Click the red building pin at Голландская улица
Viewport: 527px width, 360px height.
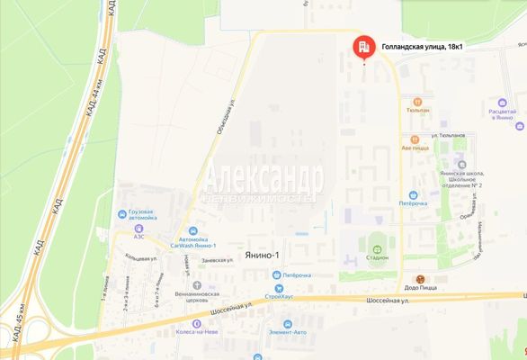coord(363,48)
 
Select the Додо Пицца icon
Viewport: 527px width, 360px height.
coord(418,279)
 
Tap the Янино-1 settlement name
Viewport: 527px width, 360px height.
coord(261,256)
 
